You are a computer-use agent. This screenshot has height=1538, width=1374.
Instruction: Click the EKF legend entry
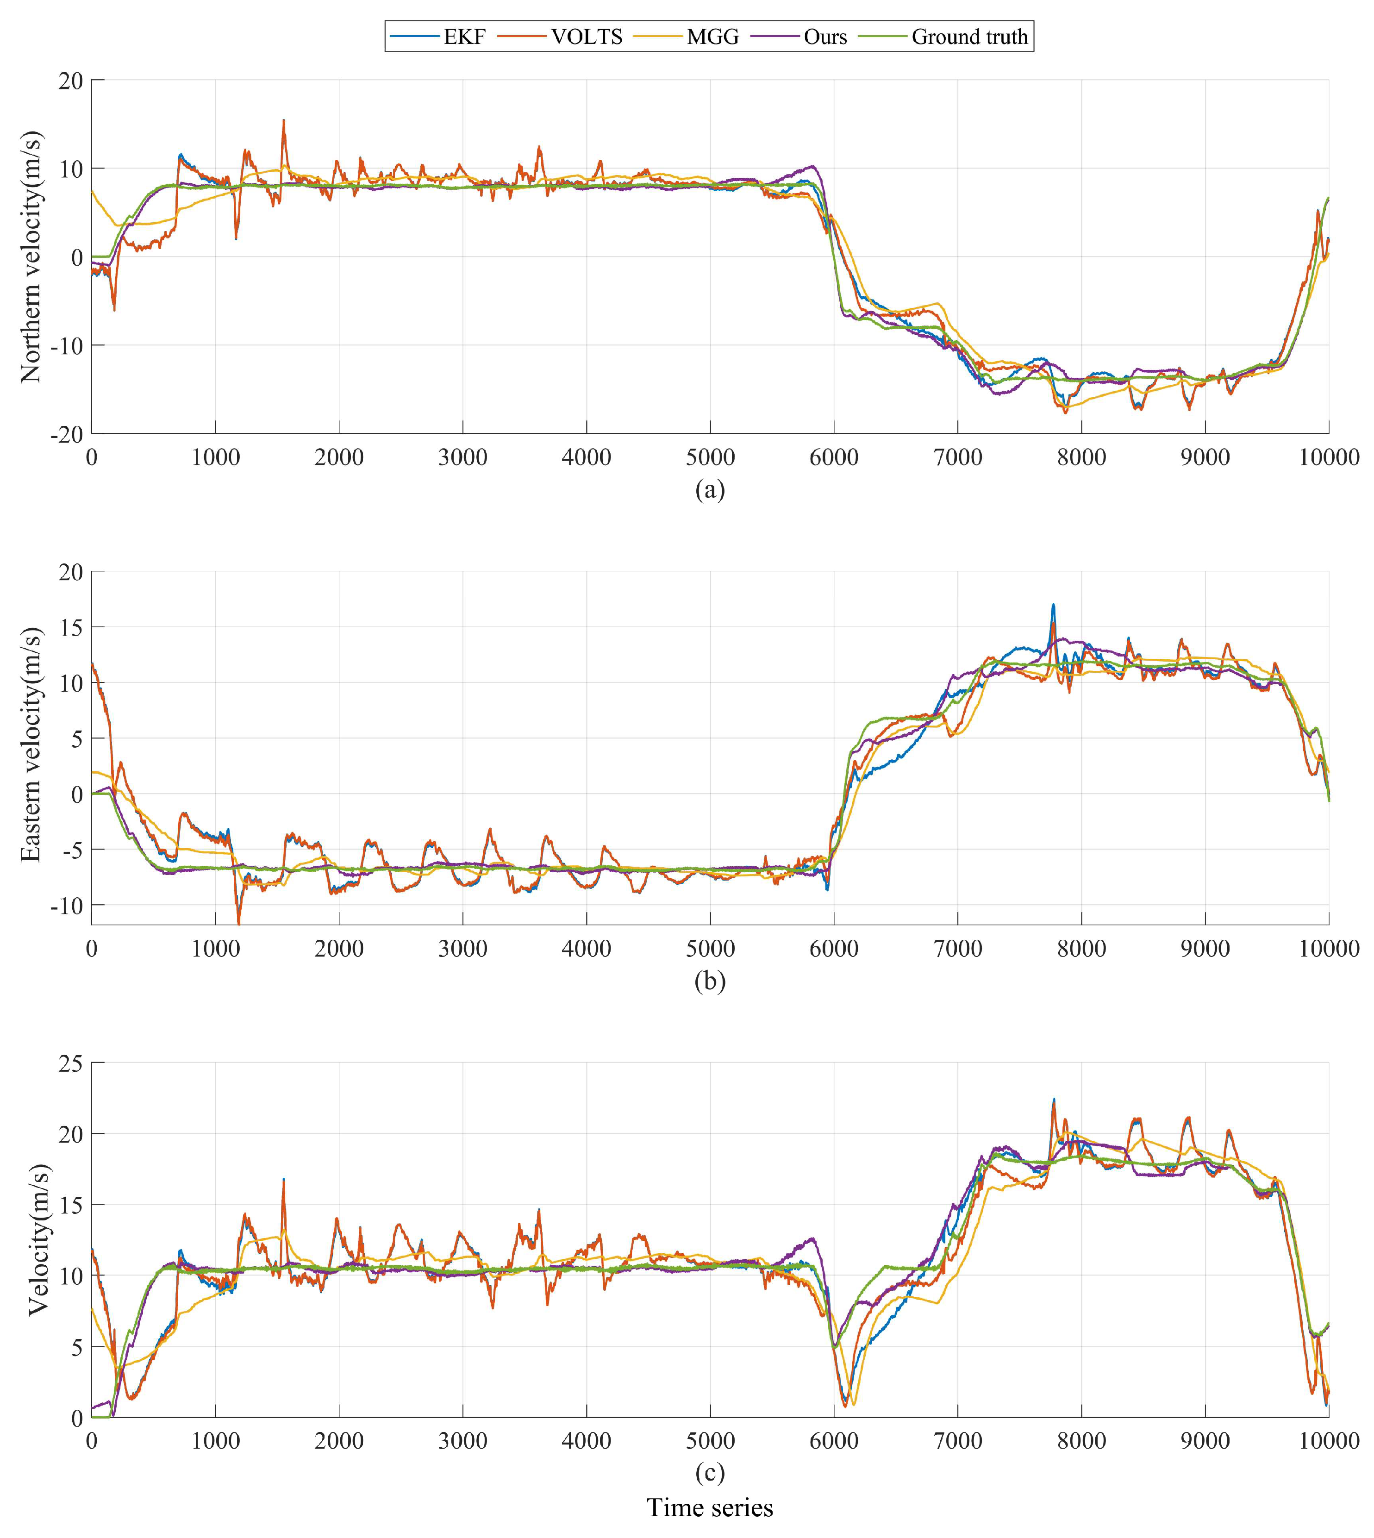click(438, 36)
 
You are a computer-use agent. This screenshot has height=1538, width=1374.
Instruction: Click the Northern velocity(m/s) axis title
click(31, 256)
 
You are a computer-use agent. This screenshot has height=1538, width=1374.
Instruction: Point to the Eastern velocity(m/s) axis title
click(31, 744)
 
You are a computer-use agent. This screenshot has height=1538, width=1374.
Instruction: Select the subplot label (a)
click(710, 490)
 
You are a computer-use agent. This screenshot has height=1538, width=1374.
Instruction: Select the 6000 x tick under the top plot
click(833, 457)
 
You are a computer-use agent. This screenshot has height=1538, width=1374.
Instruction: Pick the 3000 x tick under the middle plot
click(463, 948)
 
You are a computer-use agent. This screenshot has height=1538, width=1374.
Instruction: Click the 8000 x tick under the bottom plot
click(1081, 1440)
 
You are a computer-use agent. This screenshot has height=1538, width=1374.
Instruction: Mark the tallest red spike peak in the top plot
click(284, 120)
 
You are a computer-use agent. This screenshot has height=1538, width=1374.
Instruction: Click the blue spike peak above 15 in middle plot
click(1053, 605)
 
